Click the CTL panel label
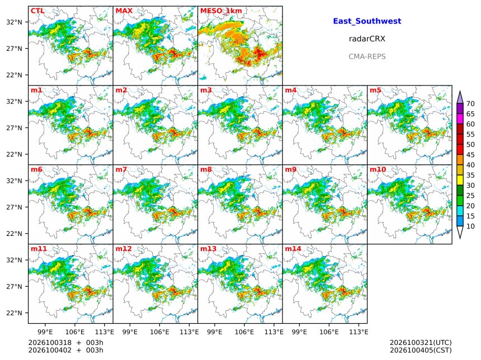click(x=37, y=11)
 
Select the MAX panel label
click(x=124, y=11)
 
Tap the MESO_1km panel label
click(x=221, y=11)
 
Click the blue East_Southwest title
click(x=367, y=21)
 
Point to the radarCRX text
click(x=367, y=39)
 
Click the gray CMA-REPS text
click(x=367, y=56)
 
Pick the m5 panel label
click(x=375, y=90)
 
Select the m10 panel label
click(x=378, y=169)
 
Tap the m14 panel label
click(x=293, y=249)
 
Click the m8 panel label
click(x=206, y=169)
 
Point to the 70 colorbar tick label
click(x=470, y=103)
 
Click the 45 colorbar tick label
click(x=470, y=155)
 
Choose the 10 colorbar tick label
click(x=470, y=226)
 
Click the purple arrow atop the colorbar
click(x=460, y=98)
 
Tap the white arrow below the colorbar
click(x=460, y=232)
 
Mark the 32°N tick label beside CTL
click(x=15, y=22)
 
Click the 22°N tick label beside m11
click(x=15, y=313)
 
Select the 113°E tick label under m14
click(x=359, y=332)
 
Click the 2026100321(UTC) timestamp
click(x=421, y=343)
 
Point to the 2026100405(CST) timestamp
click(x=421, y=350)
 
